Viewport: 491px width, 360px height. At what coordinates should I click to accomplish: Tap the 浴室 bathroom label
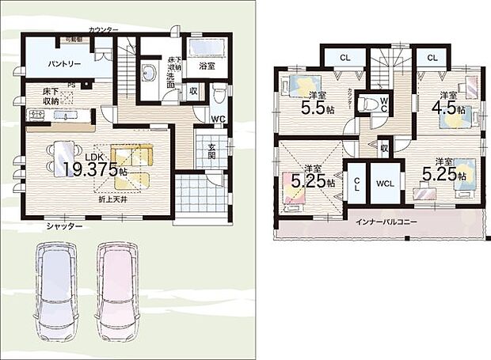coord(207,66)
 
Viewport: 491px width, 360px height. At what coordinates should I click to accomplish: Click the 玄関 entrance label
coord(213,150)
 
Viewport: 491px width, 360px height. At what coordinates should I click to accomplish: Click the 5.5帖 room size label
coord(315,106)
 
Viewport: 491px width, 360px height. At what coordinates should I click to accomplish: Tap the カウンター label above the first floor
coord(104,30)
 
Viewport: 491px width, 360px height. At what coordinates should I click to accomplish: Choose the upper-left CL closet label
coord(344,58)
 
